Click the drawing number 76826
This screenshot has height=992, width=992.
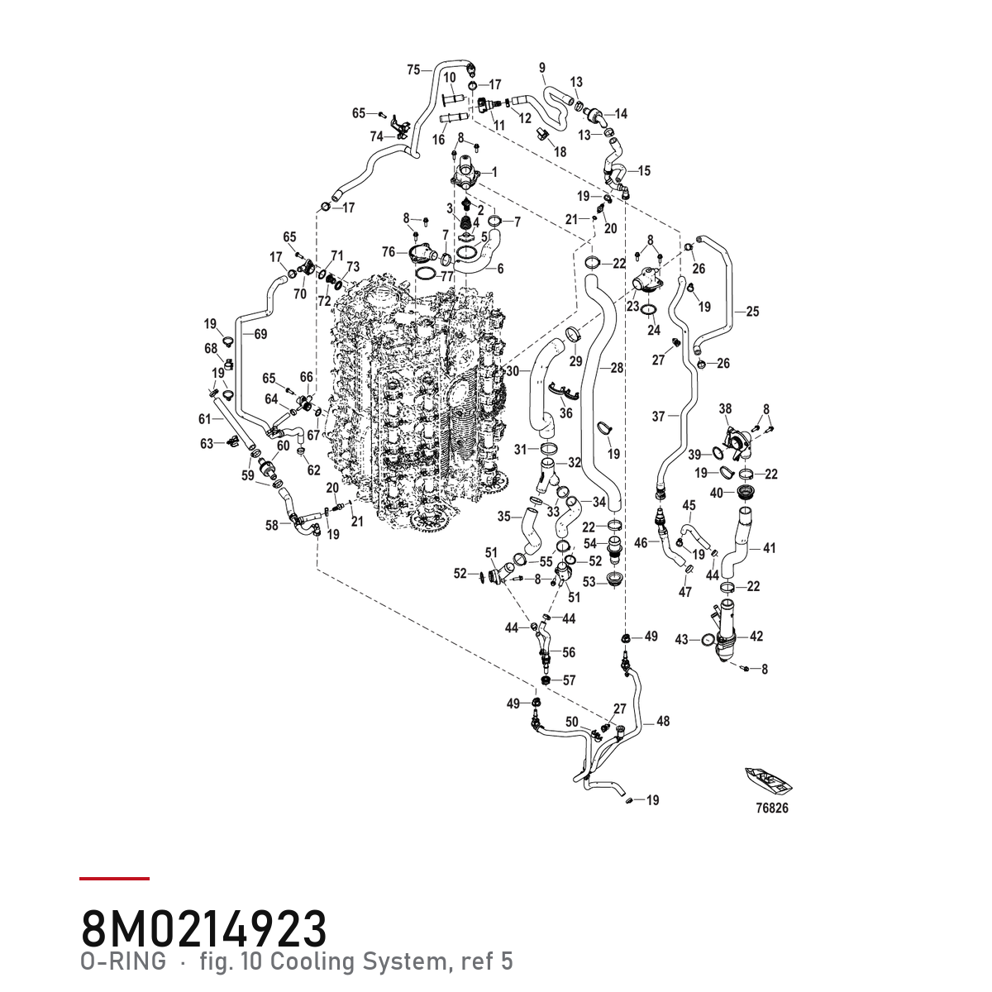(771, 808)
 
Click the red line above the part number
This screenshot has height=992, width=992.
(114, 879)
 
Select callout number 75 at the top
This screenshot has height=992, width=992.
(413, 69)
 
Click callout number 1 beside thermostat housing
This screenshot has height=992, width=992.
(494, 171)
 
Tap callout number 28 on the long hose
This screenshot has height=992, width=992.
(617, 368)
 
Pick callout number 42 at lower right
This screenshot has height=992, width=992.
(756, 637)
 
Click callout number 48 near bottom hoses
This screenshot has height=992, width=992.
(663, 721)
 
